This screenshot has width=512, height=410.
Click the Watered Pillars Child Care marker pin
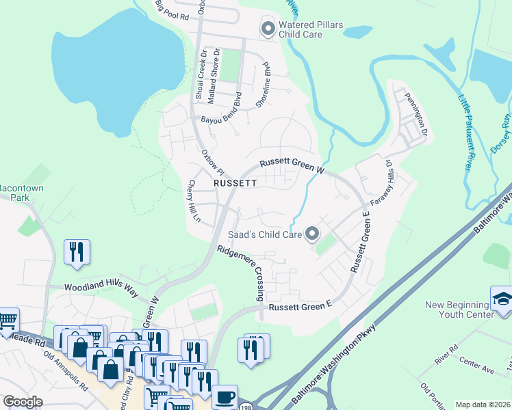[x=268, y=29]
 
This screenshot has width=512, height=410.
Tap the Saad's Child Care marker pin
[x=312, y=235]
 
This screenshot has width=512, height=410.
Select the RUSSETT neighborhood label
[x=235, y=184]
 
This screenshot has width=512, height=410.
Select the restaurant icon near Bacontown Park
[x=75, y=251]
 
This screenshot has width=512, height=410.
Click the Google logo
[x=23, y=402]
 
